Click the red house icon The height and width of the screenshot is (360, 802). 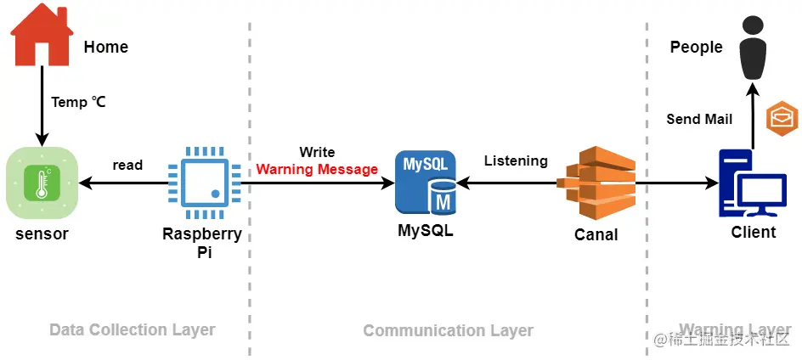[x=40, y=33]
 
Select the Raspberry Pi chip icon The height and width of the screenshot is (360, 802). [x=201, y=182]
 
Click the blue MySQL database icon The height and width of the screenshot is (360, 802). [x=426, y=183]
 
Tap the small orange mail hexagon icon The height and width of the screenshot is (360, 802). [x=782, y=117]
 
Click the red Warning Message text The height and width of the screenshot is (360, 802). [x=317, y=169]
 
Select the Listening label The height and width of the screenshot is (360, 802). [x=516, y=160]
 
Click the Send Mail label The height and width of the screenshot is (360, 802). [x=699, y=119]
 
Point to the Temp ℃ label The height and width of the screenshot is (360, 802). [x=79, y=102]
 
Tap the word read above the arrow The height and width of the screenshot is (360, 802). [x=127, y=165]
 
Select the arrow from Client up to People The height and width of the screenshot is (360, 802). [x=753, y=115]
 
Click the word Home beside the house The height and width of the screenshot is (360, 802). [x=106, y=48]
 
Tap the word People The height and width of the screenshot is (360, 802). [x=696, y=48]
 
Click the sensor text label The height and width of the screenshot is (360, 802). [x=42, y=233]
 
